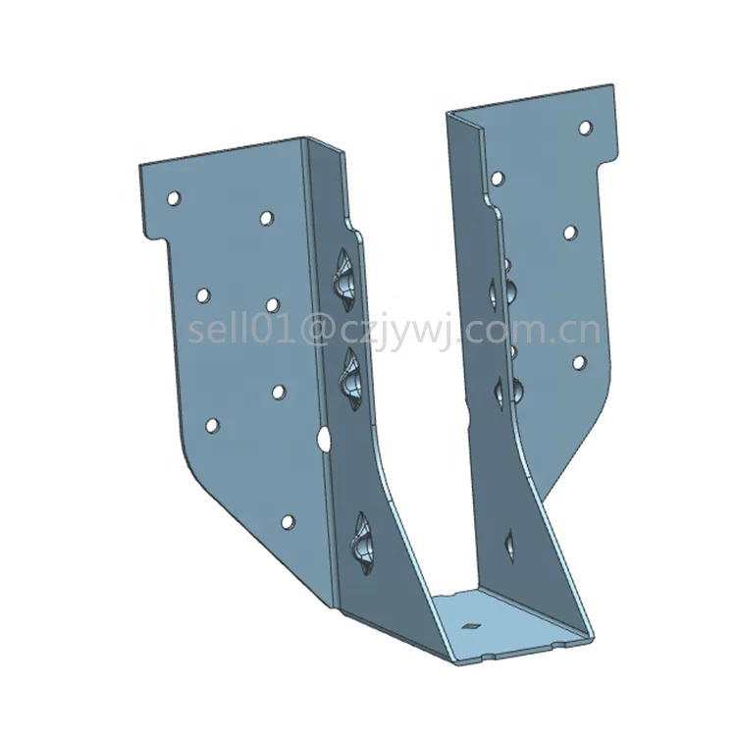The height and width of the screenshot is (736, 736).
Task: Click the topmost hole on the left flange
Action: click(x=173, y=198)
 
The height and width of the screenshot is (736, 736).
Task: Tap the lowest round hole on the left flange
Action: click(x=287, y=522)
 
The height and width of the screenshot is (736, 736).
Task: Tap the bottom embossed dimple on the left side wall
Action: click(x=360, y=541)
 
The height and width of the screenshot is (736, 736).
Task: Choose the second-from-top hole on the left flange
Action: click(x=266, y=217)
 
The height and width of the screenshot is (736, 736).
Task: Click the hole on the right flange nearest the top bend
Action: click(x=498, y=178)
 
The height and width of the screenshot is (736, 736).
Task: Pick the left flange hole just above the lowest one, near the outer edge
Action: click(x=211, y=425)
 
